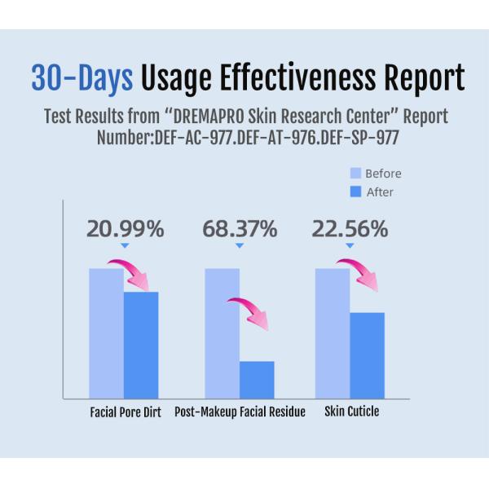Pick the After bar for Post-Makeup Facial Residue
click(x=257, y=379)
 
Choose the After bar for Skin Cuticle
click(x=367, y=355)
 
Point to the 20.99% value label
click(x=125, y=229)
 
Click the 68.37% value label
click(x=239, y=229)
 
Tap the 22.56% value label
click(x=350, y=229)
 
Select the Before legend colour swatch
click(x=355, y=174)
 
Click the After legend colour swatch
click(x=355, y=192)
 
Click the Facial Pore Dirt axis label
click(x=125, y=412)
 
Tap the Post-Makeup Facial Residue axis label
click(x=240, y=412)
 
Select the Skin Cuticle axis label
click(x=351, y=412)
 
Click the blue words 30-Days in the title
click(x=81, y=78)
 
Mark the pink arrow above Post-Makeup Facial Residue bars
click(x=249, y=313)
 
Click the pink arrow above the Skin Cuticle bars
click(x=359, y=273)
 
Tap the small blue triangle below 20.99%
click(x=125, y=245)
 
